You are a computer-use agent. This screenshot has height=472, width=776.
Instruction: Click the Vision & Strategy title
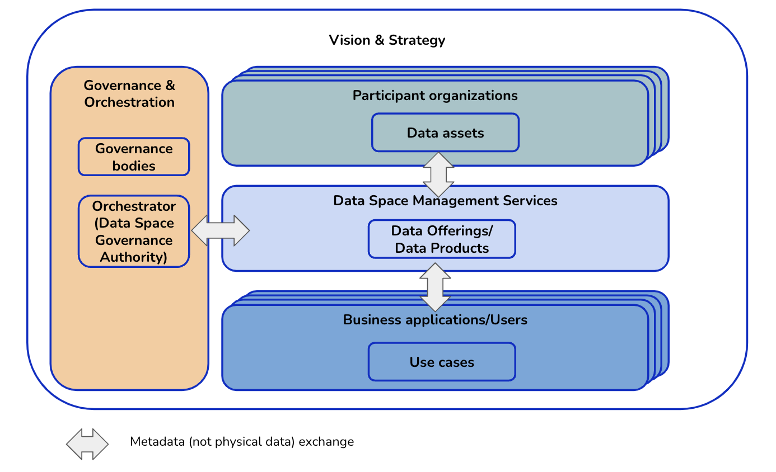click(387, 40)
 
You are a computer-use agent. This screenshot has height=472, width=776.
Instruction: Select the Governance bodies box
click(134, 157)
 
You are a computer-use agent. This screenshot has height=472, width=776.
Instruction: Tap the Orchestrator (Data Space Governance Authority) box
click(134, 232)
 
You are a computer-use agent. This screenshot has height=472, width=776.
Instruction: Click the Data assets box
click(445, 133)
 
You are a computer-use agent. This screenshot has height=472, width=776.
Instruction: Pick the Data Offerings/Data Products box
click(442, 239)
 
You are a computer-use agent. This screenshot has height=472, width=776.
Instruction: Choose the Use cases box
click(442, 362)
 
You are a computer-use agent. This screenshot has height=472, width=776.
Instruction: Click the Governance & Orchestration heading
click(129, 94)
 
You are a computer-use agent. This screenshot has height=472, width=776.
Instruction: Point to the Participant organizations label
click(435, 96)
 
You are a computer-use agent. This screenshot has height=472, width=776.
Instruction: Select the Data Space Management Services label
click(445, 201)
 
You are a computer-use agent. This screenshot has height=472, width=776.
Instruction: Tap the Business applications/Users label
click(435, 320)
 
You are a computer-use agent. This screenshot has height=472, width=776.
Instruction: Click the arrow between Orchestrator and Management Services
click(221, 230)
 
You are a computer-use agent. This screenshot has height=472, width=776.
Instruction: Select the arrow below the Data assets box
click(438, 174)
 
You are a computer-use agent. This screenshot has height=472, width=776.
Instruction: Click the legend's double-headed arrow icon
click(87, 444)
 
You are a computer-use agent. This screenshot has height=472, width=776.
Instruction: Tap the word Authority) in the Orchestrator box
click(134, 257)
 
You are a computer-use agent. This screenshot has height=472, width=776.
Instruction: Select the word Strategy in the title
click(417, 40)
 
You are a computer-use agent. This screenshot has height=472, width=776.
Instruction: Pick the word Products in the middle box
click(465, 248)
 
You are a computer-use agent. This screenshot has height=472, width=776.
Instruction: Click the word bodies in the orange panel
click(134, 166)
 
